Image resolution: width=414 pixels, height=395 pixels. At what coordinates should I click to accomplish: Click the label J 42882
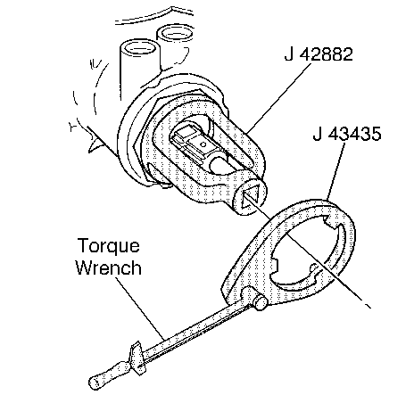coord(319,54)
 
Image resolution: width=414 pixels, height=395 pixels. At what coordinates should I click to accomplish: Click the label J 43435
coord(347,134)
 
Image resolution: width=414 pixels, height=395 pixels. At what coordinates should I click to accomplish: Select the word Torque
coord(108,246)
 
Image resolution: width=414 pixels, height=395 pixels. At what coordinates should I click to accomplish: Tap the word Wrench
coord(108,267)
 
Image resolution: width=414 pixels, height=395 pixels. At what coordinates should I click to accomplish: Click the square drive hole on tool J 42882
coord(251,199)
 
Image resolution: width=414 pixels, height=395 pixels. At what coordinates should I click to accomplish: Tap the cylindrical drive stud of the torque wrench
coord(260,303)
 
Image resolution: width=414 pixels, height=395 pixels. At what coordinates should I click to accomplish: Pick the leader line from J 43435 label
coord(335,171)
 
